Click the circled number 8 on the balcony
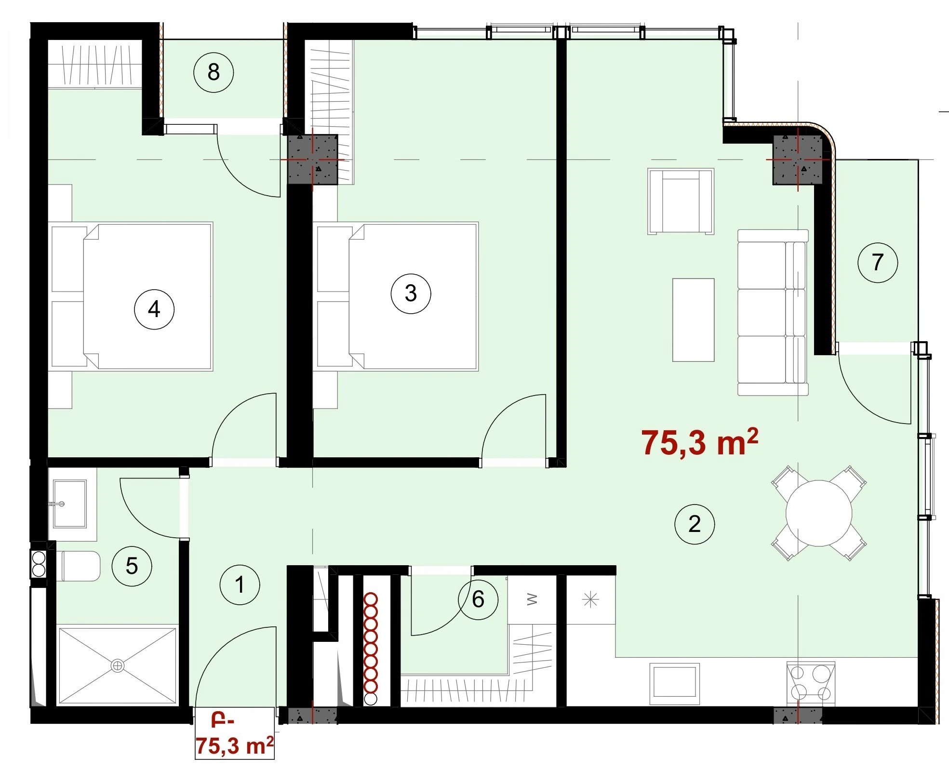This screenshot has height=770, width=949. click(214, 73)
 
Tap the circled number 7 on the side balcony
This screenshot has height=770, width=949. click(878, 263)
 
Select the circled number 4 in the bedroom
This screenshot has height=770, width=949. click(154, 309)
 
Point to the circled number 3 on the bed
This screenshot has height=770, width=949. click(411, 293)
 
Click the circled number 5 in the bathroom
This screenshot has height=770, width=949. click(132, 566)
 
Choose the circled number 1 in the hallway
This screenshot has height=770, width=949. click(240, 585)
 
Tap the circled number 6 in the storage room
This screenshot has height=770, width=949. click(478, 599)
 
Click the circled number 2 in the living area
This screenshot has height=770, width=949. click(695, 524)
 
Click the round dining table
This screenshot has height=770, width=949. click(819, 513)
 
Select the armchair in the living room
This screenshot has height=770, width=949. click(681, 201)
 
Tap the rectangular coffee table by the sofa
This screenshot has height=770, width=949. click(693, 320)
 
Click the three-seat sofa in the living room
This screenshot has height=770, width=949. click(773, 313)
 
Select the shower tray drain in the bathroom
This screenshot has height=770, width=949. click(117, 666)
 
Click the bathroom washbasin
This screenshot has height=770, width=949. click(70, 504)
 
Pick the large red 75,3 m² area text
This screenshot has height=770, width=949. click(699, 442)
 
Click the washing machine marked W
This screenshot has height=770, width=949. click(532, 600)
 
